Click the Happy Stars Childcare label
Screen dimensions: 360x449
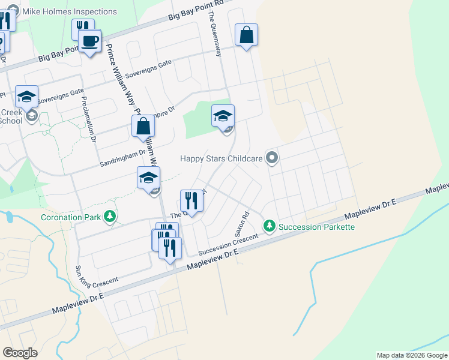tap(221, 159)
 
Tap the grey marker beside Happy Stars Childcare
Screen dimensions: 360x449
tap(272, 158)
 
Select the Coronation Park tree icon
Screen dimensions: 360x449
tap(109, 216)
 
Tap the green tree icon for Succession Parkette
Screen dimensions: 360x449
tap(270, 226)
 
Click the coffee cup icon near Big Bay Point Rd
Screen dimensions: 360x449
tap(90, 41)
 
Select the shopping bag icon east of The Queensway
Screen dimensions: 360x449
tap(246, 35)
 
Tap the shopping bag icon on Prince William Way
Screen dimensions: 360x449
tap(143, 126)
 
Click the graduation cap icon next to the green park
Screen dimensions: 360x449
tap(223, 116)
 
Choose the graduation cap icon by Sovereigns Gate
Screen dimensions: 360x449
tap(26, 97)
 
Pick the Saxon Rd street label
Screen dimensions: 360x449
tap(242, 223)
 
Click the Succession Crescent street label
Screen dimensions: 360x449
tap(228, 243)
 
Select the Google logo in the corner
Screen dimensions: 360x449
tap(20, 353)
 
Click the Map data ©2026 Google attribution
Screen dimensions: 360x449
tap(412, 355)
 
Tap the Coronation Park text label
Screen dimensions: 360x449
tap(71, 217)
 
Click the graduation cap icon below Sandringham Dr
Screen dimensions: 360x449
tap(148, 178)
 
